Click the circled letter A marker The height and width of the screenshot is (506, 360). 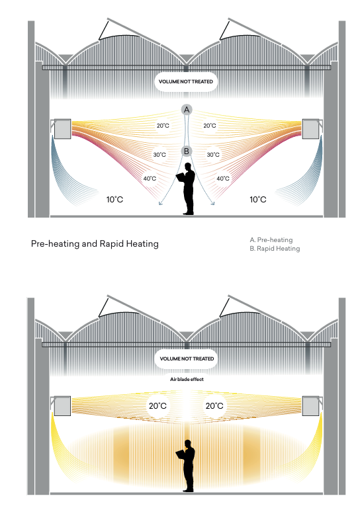click(x=187, y=110)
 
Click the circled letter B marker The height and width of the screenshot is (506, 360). click(x=187, y=151)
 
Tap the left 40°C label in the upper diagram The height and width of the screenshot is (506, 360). click(x=150, y=179)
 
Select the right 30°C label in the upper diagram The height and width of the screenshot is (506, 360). click(x=213, y=155)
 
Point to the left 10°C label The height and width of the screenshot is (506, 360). click(x=114, y=200)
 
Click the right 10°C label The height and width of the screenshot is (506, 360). click(x=258, y=200)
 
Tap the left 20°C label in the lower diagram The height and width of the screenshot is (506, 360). click(x=157, y=405)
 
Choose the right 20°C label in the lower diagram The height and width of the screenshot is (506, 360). click(x=214, y=405)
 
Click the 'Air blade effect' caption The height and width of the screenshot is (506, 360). click(x=187, y=379)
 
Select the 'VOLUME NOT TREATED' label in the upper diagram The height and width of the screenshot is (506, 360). click(x=186, y=81)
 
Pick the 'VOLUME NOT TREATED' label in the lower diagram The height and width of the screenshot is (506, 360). click(x=187, y=358)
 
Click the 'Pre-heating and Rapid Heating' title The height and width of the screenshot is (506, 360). click(x=95, y=243)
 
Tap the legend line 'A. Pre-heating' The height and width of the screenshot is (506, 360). click(x=271, y=239)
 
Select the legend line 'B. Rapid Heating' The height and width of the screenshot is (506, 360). click(x=275, y=249)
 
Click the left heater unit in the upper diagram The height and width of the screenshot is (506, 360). click(x=62, y=129)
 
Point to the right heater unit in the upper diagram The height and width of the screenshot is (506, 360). click(x=310, y=129)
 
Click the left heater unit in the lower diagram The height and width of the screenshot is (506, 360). click(x=62, y=406)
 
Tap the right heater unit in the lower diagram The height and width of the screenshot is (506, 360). click(x=310, y=406)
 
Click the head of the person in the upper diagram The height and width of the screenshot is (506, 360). click(x=187, y=167)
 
